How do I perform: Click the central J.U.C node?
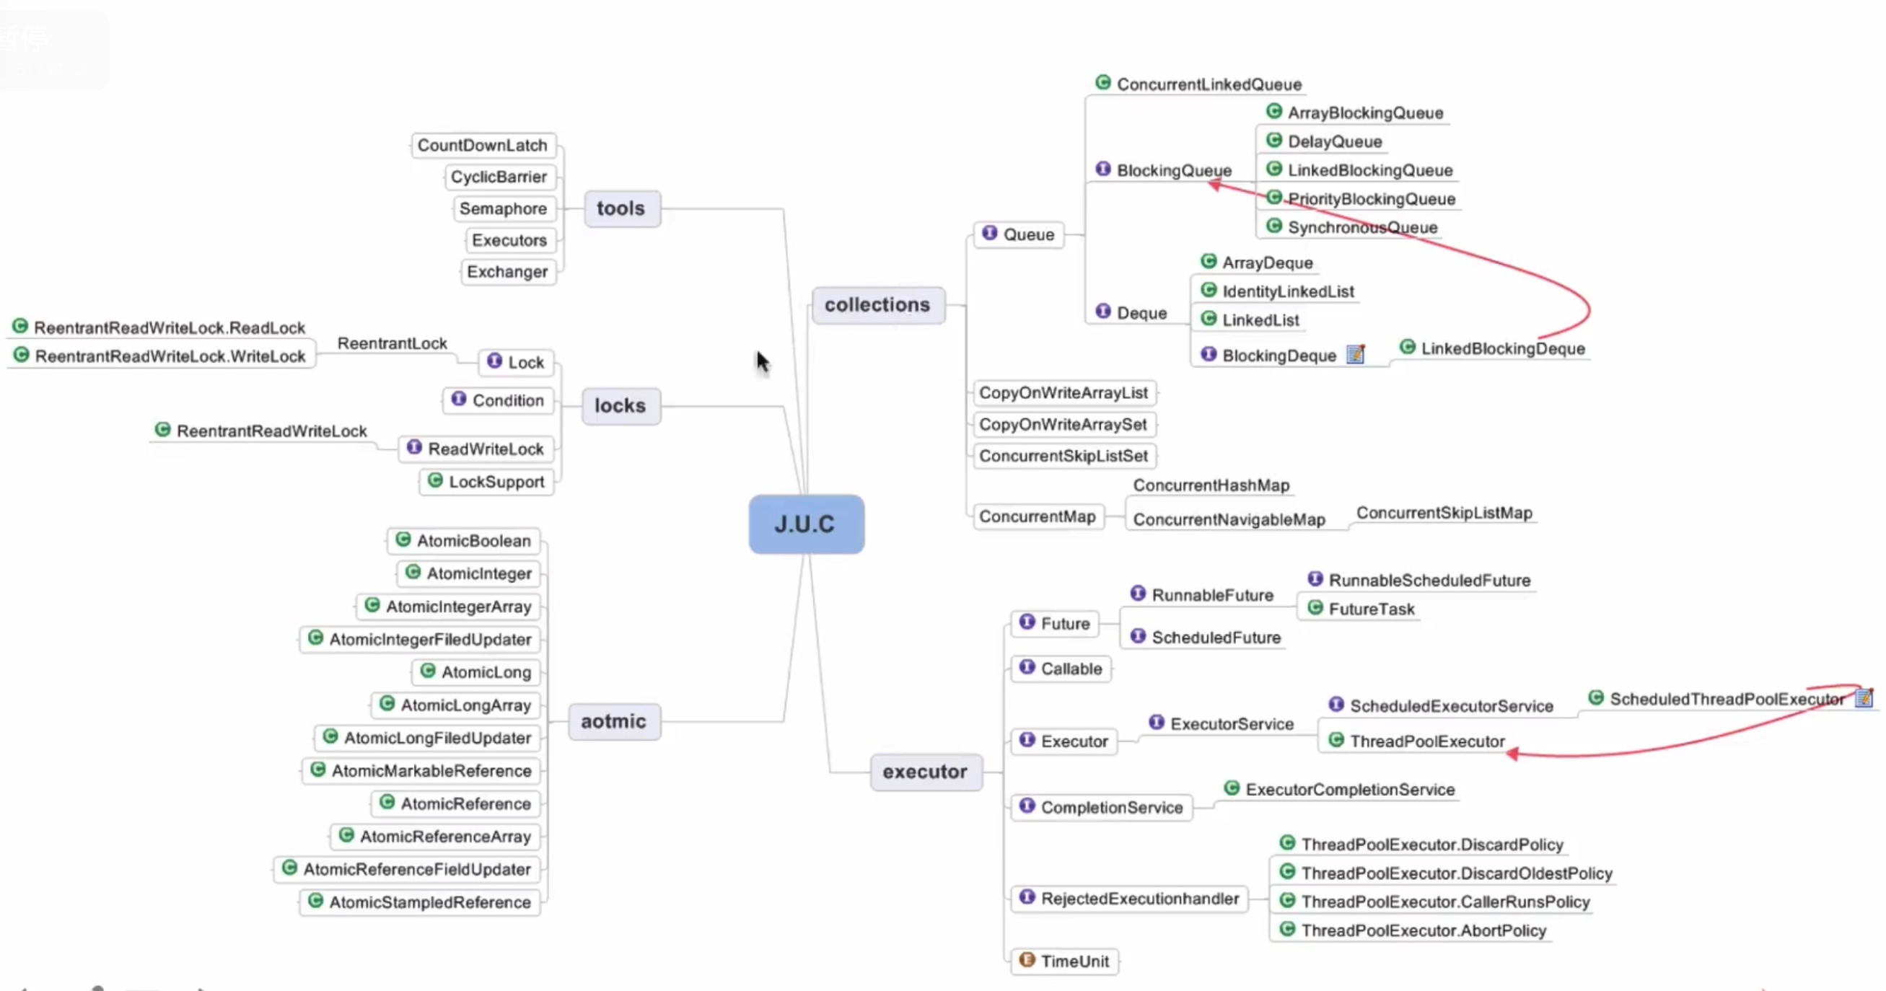[x=806, y=524]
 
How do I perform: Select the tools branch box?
[x=622, y=208]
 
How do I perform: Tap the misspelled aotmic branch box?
[x=613, y=722]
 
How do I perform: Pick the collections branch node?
[x=877, y=304]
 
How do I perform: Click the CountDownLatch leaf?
[x=483, y=145]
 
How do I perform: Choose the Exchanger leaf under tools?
[x=507, y=271]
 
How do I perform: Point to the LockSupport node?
[x=488, y=482]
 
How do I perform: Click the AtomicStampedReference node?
[x=421, y=902]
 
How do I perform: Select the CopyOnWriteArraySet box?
[x=1063, y=425]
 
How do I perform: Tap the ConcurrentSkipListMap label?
[x=1444, y=513]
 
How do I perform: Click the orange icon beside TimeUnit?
[x=1027, y=959]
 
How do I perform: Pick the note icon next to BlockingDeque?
[x=1355, y=354]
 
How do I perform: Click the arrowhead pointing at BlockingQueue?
[x=1214, y=185]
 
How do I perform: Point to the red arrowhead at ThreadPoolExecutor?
[x=1512, y=753]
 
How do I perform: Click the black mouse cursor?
[x=762, y=361]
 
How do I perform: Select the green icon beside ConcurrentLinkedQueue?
[x=1103, y=83]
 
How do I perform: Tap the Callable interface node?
[x=1061, y=668]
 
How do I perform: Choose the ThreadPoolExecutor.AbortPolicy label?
[x=1424, y=930]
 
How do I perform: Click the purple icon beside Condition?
[x=459, y=399]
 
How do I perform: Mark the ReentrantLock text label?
[x=392, y=343]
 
